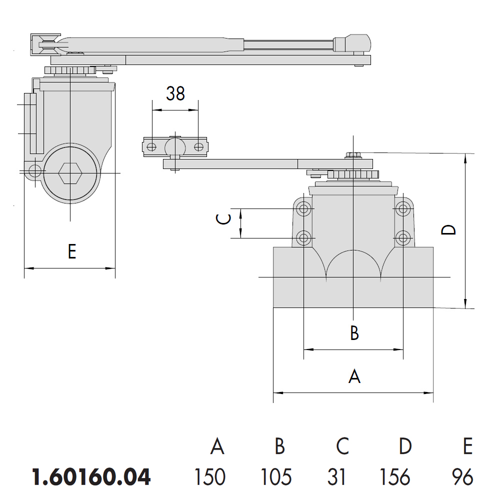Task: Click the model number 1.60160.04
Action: click(91, 477)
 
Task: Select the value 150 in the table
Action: click(210, 477)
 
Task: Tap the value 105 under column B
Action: click(276, 477)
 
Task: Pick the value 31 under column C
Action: click(336, 477)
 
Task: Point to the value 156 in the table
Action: click(395, 477)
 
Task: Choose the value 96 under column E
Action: click(462, 477)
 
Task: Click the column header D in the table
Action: click(405, 446)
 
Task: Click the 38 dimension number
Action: click(175, 93)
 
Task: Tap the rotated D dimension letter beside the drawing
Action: click(448, 229)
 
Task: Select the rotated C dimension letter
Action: click(223, 219)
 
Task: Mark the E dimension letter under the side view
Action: click(72, 251)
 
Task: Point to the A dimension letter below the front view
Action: click(354, 376)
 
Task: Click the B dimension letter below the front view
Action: click(354, 332)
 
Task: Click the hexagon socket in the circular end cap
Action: click(70, 173)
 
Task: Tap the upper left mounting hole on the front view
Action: click(303, 209)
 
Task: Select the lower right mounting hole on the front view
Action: click(403, 237)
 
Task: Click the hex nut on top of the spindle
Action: click(353, 155)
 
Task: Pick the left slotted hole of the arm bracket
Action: click(151, 147)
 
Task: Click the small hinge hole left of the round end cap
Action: click(35, 171)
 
